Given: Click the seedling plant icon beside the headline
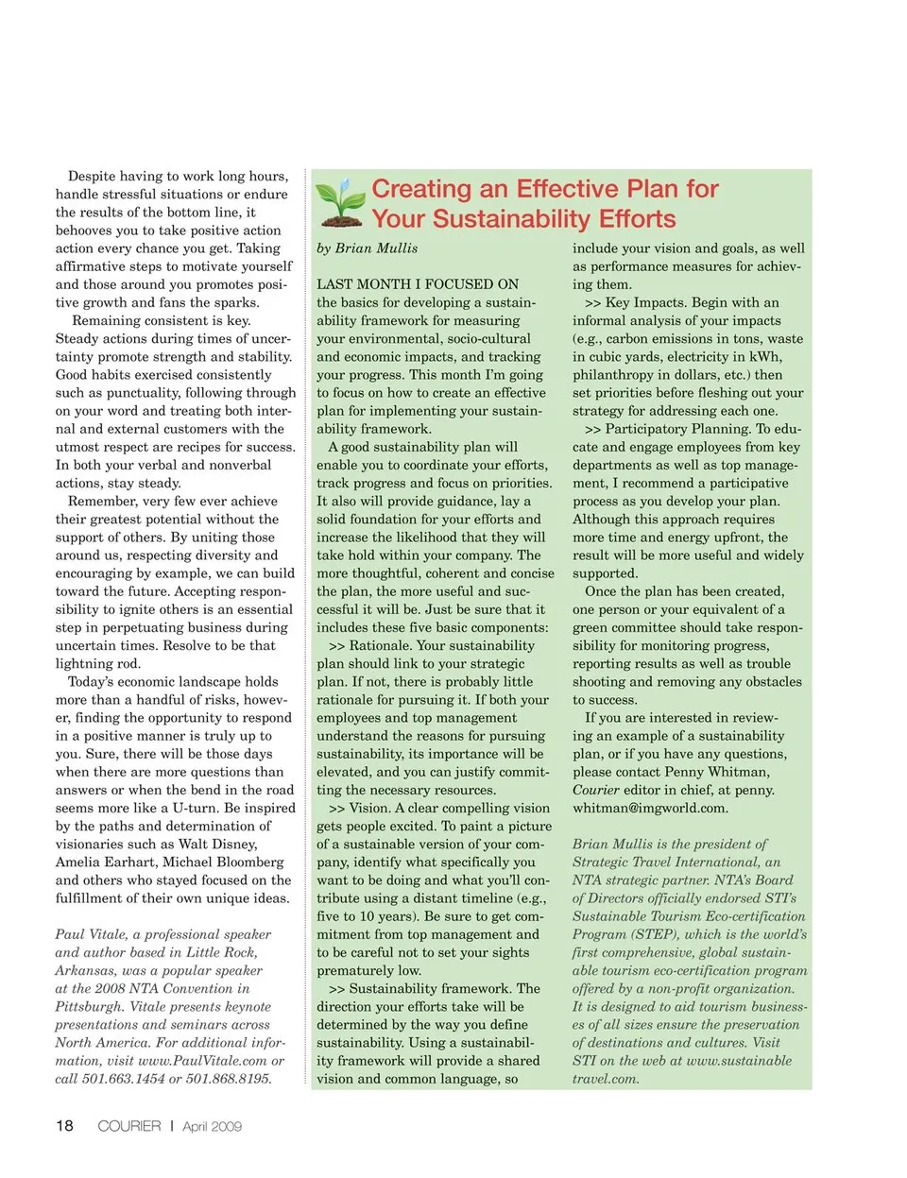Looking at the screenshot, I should (339, 202).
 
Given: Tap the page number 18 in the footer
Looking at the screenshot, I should (64, 1125).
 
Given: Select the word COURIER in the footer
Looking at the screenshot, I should (129, 1126).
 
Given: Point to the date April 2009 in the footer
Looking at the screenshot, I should (212, 1126).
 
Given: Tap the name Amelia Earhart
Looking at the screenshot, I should (104, 862).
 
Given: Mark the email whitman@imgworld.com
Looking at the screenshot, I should (650, 808).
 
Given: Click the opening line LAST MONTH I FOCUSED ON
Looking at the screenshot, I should (418, 284).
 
